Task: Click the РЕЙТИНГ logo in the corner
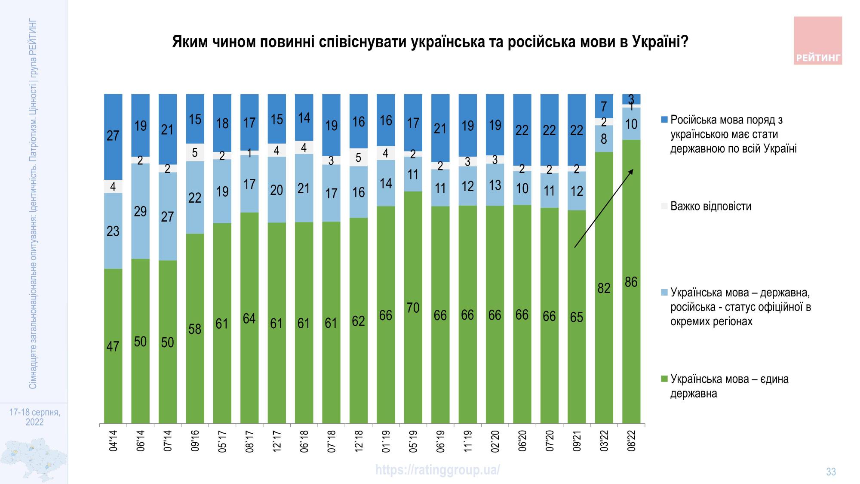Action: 817,41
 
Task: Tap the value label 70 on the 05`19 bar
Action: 413,308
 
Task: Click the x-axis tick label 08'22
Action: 631,441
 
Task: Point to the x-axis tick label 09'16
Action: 195,441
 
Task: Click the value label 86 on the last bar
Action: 631,282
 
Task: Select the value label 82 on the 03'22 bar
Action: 604,288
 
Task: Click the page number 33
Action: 831,472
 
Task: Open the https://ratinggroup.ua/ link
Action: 437,469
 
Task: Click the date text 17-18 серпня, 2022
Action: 34,417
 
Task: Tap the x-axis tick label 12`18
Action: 359,441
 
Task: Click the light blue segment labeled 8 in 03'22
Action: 604,139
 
